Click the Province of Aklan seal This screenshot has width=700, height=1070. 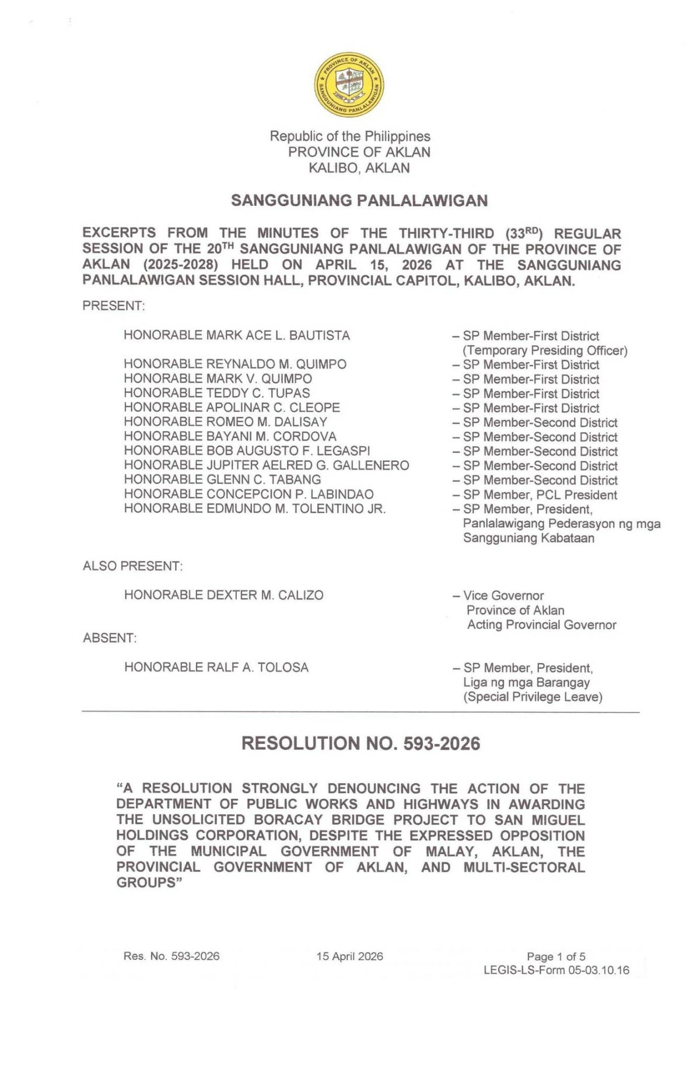(x=349, y=84)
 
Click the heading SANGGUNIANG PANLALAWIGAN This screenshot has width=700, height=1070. (x=359, y=201)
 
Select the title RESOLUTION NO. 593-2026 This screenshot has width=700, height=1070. (x=360, y=743)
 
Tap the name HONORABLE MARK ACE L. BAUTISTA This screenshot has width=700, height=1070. (x=237, y=335)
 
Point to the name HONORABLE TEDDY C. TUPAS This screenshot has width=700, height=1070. (x=217, y=393)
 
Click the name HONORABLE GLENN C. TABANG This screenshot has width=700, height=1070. (x=222, y=479)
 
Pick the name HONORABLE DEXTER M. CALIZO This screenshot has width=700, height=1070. (x=223, y=595)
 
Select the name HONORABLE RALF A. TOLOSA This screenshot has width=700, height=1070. (x=216, y=667)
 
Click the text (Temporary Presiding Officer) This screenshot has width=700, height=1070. (x=545, y=350)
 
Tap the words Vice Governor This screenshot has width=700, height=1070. (x=503, y=595)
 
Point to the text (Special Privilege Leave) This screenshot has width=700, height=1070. (x=533, y=697)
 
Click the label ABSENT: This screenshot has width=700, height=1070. (x=110, y=638)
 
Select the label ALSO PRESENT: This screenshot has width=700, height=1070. (x=133, y=566)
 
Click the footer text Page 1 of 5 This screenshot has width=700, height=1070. (x=556, y=956)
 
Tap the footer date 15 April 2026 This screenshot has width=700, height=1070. (x=350, y=956)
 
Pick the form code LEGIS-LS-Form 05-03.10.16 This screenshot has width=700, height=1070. (x=556, y=970)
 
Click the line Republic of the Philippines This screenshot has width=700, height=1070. (x=350, y=136)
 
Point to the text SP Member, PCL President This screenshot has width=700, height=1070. (x=540, y=495)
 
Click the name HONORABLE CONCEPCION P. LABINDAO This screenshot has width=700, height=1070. (x=249, y=494)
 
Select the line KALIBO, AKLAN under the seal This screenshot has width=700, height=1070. (x=359, y=168)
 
